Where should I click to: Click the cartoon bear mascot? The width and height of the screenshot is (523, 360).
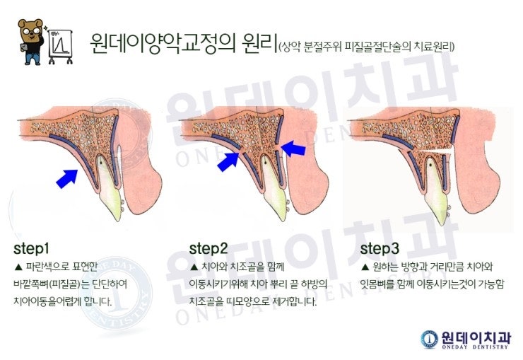pos(31,41)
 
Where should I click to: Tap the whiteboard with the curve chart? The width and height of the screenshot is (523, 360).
pos(60,46)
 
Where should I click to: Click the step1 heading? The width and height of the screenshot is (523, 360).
pos(31,248)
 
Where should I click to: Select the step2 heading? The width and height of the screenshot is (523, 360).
pos(208,248)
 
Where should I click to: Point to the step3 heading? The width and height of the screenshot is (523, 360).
pos(380,248)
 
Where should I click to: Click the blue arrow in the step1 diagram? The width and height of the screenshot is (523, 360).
pos(66,178)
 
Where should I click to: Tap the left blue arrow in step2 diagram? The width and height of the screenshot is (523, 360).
pos(228,162)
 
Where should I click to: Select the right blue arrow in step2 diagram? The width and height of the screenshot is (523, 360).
pos(293,148)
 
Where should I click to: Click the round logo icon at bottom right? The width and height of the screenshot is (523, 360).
pos(429,339)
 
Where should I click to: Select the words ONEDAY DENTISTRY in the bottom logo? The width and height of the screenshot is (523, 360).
pos(475,347)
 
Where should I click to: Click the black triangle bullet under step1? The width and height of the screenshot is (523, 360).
pos(18,267)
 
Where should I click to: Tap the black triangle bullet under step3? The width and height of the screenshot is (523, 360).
pos(365,267)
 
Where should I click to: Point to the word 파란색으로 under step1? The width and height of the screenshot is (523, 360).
pos(47,267)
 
